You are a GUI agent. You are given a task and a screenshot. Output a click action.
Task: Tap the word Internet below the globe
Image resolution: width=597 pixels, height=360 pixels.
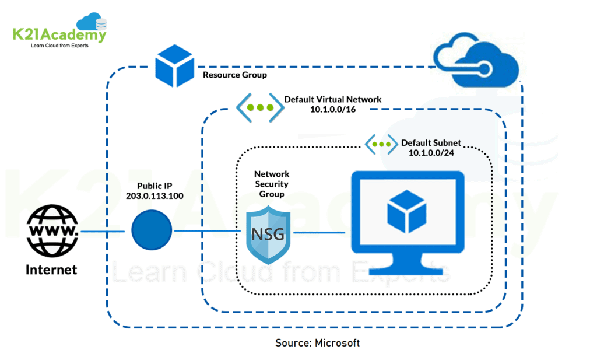coord(51,270)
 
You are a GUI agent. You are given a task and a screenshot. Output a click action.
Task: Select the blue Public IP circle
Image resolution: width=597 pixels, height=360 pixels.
coord(152,232)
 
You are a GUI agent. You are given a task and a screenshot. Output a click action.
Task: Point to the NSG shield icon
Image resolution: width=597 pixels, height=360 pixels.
coord(268,233)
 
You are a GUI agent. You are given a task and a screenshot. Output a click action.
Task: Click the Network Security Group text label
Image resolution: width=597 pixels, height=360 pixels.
coord(272,184)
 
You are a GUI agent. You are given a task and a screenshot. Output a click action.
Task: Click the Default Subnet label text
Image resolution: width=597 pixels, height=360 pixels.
coord(431,142)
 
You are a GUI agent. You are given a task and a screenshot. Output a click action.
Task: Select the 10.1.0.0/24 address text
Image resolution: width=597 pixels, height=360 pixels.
coord(431,153)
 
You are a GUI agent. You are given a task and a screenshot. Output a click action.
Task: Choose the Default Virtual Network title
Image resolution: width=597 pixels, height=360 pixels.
coord(332,99)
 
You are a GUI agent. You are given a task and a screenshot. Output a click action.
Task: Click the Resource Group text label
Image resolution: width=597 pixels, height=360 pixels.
coord(234,75)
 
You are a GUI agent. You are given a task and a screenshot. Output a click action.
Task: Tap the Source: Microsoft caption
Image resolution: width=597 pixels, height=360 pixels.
coord(317,343)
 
